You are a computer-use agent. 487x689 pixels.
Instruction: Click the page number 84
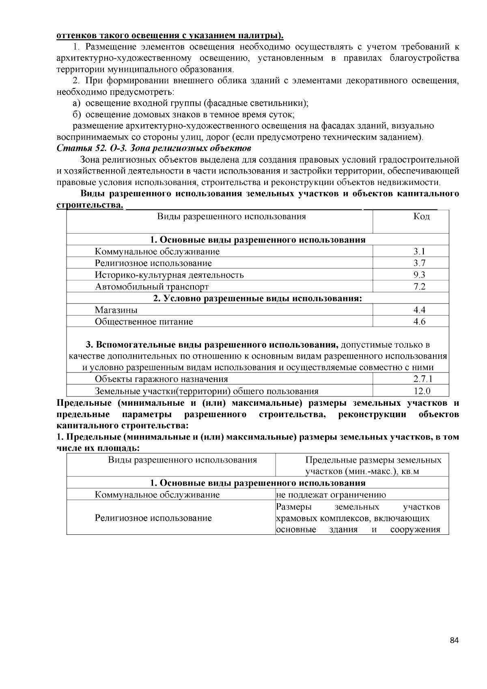coord(454,641)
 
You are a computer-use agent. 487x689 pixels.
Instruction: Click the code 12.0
coord(422,391)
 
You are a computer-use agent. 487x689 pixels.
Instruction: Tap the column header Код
coord(421,217)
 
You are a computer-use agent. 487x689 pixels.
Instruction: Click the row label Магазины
coord(116,310)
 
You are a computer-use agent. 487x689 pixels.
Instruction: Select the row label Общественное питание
coord(144,322)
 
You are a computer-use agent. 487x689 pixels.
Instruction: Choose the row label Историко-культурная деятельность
coord(169,275)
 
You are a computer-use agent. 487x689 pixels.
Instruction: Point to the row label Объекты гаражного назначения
coord(161,379)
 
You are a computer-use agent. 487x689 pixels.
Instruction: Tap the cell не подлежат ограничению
coord(331,495)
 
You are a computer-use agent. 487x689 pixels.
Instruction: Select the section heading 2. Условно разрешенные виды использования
coord(257,299)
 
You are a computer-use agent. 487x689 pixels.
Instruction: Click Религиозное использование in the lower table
coord(153,518)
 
